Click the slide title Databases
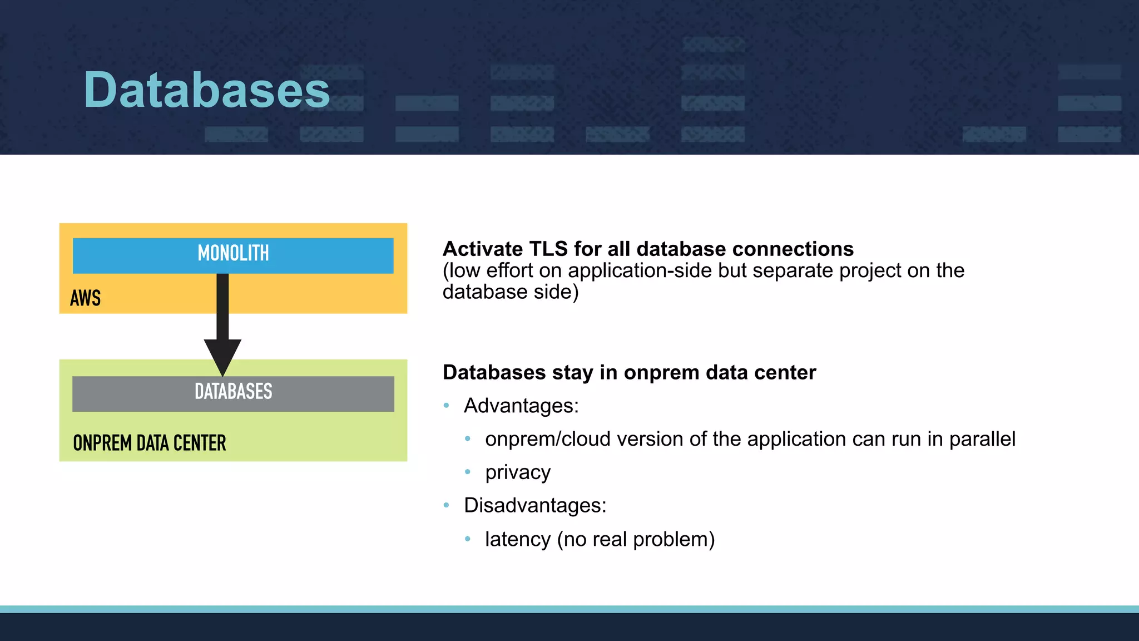point(207,90)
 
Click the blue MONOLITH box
point(233,255)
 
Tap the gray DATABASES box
point(233,393)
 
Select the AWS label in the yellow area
point(86,298)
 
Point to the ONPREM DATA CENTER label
point(149,443)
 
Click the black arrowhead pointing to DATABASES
point(222,356)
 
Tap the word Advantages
point(521,406)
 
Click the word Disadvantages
point(535,505)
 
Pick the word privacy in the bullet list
point(518,472)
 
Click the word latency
point(518,539)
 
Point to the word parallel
point(982,439)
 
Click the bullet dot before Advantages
point(446,406)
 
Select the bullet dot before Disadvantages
point(446,505)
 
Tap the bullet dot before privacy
point(468,472)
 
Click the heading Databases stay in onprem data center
point(629,372)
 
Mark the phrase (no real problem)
point(636,539)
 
